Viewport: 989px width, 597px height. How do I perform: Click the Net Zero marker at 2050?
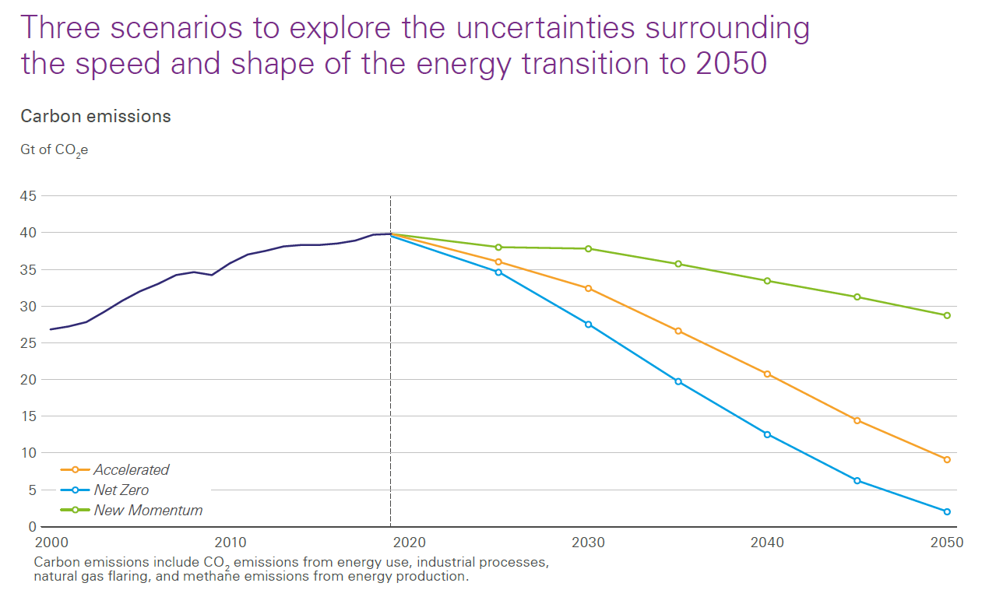[947, 511]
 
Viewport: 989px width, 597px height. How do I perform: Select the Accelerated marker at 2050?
[947, 459]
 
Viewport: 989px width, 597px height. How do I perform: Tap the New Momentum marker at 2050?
[947, 315]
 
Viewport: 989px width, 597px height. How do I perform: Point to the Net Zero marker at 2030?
[588, 324]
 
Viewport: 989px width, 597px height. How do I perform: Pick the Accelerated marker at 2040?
[767, 374]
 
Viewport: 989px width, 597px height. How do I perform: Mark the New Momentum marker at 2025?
[498, 247]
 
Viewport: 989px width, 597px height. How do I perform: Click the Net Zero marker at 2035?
[678, 381]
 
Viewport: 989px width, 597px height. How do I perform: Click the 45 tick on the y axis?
[28, 196]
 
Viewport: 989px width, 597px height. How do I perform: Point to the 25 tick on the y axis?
[28, 343]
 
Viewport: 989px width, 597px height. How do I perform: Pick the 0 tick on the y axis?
[32, 527]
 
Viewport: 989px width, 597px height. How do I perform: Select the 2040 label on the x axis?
[767, 542]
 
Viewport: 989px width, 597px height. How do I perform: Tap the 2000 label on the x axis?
[51, 542]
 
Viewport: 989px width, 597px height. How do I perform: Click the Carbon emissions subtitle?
[96, 117]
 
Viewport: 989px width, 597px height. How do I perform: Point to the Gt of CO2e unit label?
[54, 150]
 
